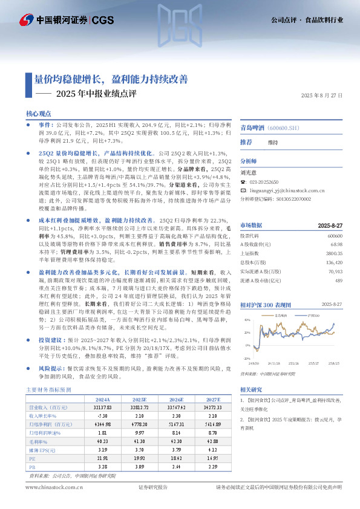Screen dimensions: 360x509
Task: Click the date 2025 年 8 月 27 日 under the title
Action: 321,96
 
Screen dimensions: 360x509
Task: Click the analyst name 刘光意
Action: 249,172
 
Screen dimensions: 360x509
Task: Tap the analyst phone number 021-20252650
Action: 264,181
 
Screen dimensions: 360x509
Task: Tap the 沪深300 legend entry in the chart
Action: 312,315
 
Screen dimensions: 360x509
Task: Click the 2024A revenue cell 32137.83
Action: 102,409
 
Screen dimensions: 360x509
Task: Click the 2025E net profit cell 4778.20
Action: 139,426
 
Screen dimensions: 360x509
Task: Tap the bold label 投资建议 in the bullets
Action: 51,341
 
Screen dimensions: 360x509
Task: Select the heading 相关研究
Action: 250,389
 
